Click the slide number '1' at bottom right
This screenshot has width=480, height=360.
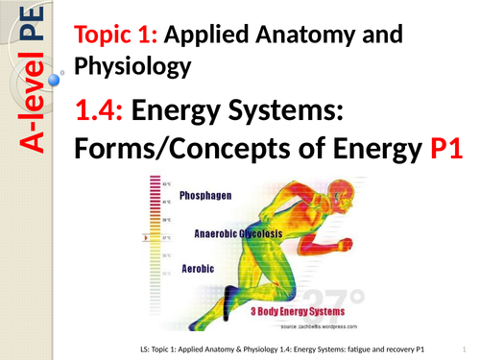(461, 347)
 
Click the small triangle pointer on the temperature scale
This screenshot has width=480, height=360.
(146, 235)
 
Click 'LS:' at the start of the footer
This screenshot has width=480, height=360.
(145, 347)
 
